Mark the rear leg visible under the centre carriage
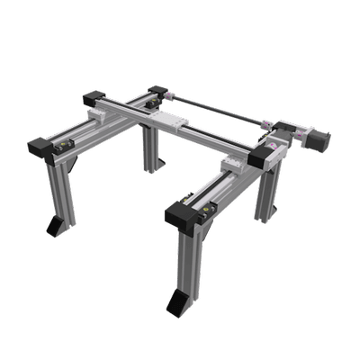coord(149,148)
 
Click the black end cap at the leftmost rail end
coord(40,146)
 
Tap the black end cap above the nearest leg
coord(180,214)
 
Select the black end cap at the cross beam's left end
coord(93,97)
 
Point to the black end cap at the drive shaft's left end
coord(159,90)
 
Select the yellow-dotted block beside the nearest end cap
coord(206,210)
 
